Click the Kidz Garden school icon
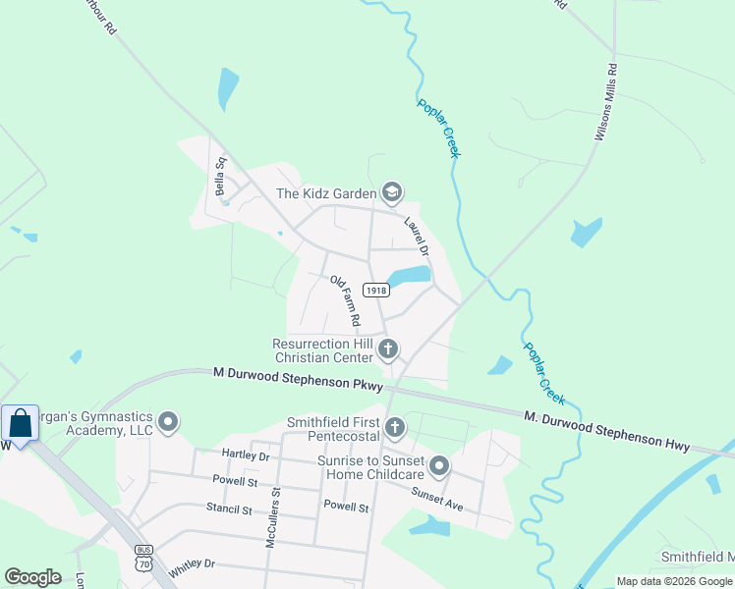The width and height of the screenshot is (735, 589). [392, 192]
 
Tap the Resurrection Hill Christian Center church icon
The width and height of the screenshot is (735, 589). [389, 348]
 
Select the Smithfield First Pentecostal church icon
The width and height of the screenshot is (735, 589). [395, 427]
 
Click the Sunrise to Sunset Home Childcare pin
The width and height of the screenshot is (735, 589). [439, 465]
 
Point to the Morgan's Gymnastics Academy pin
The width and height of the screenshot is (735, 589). [168, 423]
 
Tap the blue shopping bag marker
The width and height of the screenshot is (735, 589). [21, 424]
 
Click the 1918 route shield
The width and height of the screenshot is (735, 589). [376, 290]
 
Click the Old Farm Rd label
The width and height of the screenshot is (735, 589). [345, 300]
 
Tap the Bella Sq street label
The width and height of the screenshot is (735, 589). [222, 175]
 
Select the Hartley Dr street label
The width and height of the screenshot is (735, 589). [246, 455]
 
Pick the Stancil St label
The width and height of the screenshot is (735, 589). [230, 510]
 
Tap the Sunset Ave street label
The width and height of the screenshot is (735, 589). [437, 499]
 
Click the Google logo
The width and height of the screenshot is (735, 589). [32, 577]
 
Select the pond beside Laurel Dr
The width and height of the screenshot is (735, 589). [408, 276]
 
